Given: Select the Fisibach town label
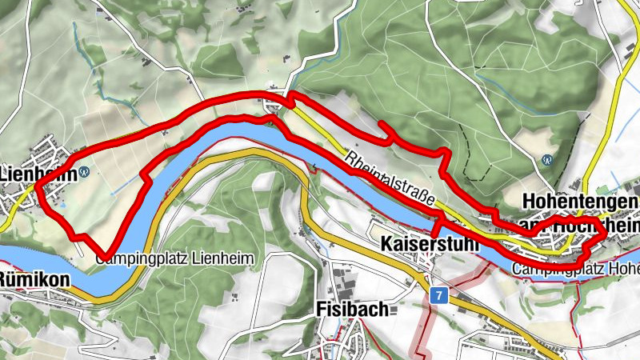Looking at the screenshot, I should click(x=352, y=309).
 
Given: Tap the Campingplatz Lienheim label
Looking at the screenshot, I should click(x=175, y=259).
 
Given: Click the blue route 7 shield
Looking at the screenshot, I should click(x=437, y=295).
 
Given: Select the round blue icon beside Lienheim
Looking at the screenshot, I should click(x=83, y=170).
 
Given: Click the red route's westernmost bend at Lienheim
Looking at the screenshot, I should click(x=38, y=189).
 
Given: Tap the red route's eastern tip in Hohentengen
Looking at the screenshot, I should click(x=604, y=234).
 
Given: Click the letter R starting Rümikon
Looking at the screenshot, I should click(x=5, y=280).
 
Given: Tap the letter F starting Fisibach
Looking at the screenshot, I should click(x=322, y=309).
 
